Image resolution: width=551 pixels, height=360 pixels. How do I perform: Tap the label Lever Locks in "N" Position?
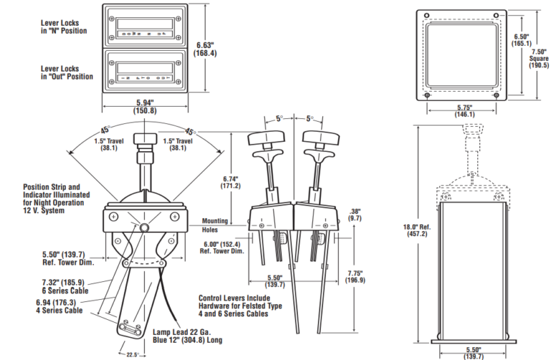coord(64,27)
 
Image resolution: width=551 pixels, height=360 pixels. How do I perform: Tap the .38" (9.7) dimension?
coord(354,213)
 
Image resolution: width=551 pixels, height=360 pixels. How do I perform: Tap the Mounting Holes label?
coord(215,225)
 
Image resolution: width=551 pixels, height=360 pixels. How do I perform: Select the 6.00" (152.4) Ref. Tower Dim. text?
coord(221,247)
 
